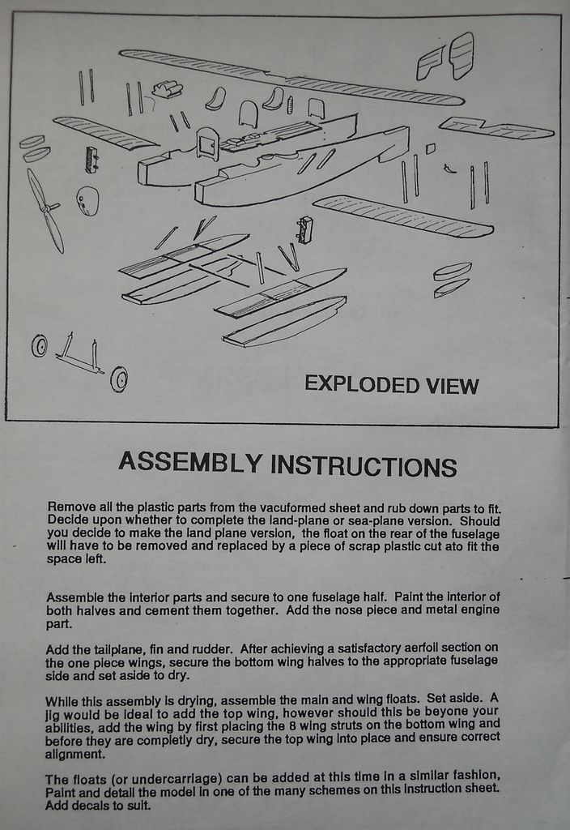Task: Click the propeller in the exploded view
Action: point(45,209)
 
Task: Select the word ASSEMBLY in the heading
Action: point(190,462)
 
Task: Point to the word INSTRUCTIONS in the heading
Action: point(363,466)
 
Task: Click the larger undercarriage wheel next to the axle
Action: point(119,379)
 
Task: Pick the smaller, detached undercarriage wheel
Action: point(39,345)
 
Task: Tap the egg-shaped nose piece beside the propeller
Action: point(87,200)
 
